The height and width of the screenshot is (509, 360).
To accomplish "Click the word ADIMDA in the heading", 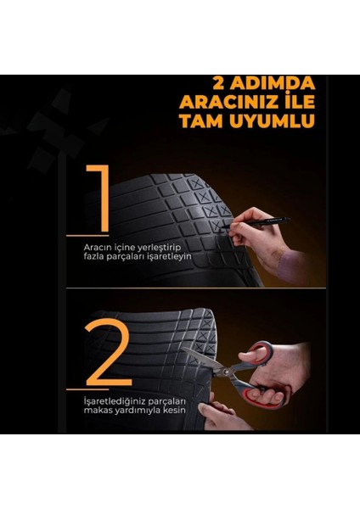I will click(269, 84).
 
